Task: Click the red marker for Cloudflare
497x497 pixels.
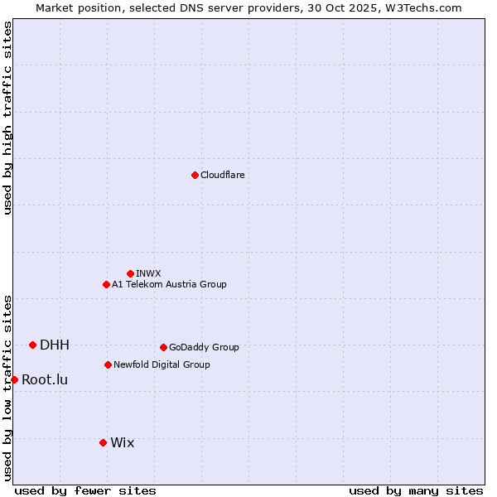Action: click(195, 175)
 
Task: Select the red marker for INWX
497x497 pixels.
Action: click(130, 273)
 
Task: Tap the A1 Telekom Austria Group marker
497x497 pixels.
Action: click(106, 284)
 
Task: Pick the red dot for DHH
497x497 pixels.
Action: click(32, 345)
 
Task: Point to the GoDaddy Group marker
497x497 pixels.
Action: click(163, 347)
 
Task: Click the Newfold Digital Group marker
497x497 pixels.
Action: click(108, 364)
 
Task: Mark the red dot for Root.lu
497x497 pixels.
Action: click(14, 379)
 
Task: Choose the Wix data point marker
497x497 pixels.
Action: click(103, 442)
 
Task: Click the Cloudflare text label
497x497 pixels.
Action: click(222, 175)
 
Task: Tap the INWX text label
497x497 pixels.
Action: click(148, 273)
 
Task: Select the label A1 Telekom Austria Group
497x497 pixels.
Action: click(169, 284)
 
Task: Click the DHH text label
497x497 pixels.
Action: click(55, 345)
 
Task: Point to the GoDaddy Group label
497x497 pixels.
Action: click(204, 347)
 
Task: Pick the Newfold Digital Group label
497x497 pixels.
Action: click(162, 364)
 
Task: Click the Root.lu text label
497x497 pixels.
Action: click(45, 379)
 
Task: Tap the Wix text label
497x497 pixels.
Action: click(122, 442)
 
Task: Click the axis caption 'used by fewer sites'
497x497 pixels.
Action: click(85, 490)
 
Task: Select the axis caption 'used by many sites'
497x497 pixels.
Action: click(416, 490)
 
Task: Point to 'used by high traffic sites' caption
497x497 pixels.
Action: click(7, 118)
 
